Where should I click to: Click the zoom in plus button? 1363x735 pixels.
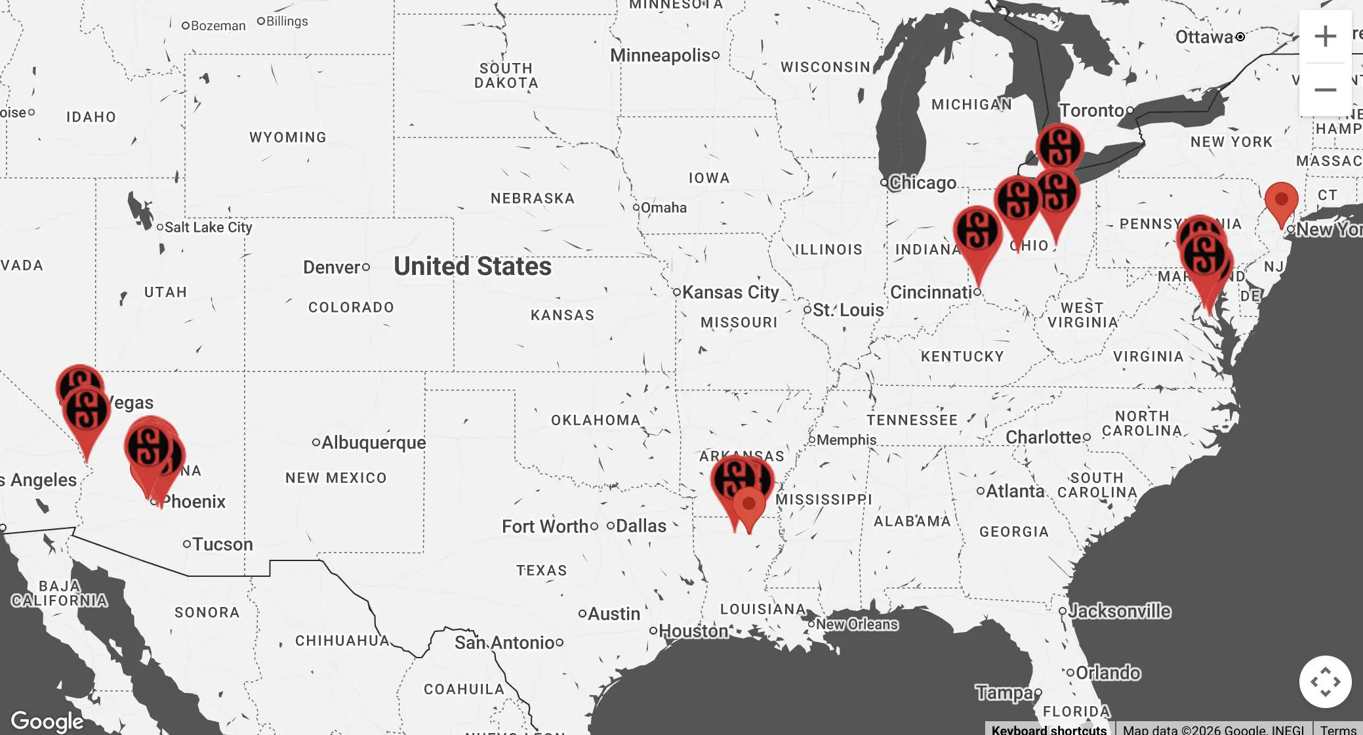coord(1325,36)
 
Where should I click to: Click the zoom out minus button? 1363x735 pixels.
coord(1325,90)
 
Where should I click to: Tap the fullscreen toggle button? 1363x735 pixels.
coord(1325,682)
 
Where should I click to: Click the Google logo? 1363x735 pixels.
coord(47,721)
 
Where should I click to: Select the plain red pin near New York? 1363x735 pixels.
coord(1281,200)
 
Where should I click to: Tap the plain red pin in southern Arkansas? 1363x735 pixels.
coord(748,505)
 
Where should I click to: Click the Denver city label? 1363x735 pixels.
coord(332,268)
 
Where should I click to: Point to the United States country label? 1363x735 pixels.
coord(472,266)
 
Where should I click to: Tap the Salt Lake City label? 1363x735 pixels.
coord(208,228)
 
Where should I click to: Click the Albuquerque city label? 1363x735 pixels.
coord(373,442)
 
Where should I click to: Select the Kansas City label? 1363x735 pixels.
coord(730,292)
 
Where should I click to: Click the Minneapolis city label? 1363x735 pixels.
coord(660,55)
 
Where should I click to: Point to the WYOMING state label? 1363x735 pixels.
coord(288,137)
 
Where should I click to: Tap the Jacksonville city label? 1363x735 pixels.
coord(1119,611)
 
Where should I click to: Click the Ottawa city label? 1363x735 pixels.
coord(1204,37)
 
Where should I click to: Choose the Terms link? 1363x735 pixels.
coord(1338,729)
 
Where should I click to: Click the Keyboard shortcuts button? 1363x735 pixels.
coord(1048,729)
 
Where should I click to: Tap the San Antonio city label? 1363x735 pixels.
coord(504,642)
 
